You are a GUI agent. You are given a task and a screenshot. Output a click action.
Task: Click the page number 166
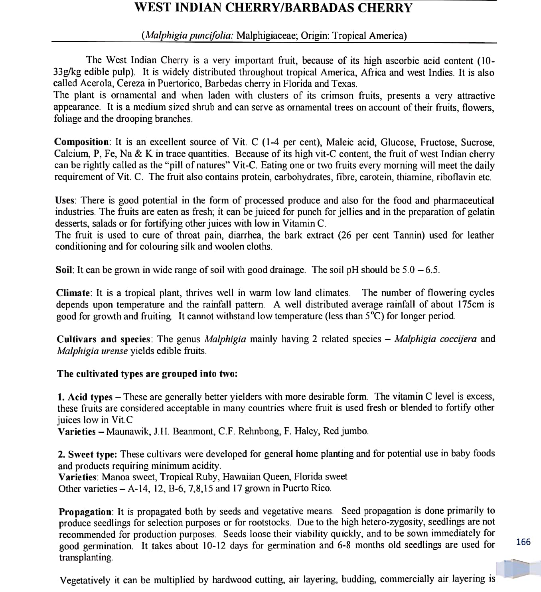coord(523,542)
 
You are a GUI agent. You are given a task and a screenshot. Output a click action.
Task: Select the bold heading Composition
coord(82,142)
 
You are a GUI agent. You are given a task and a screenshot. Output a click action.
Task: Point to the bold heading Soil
coord(64,270)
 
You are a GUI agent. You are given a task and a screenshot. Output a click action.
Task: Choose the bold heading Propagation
coord(86,511)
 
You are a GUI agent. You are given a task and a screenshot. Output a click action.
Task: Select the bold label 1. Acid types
coord(85,397)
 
